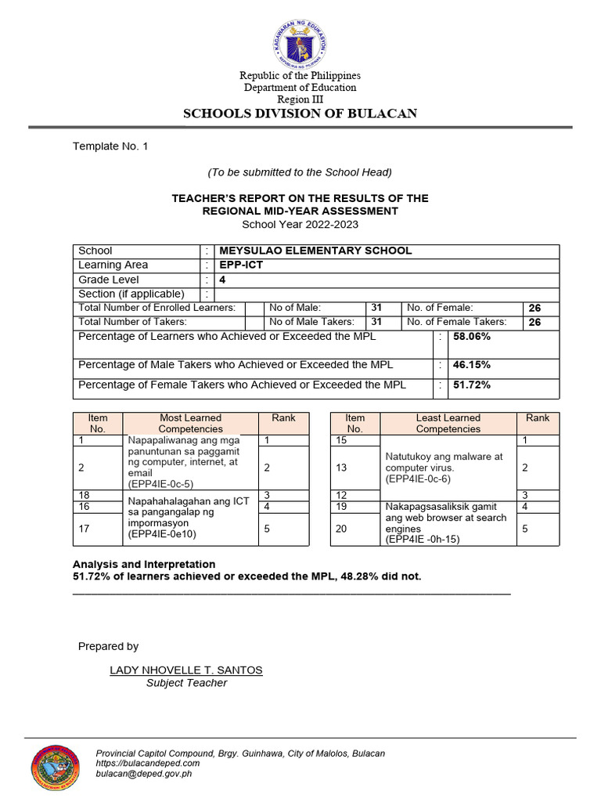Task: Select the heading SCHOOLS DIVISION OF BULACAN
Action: pyautogui.click(x=300, y=114)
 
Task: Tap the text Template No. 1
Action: pyautogui.click(x=110, y=146)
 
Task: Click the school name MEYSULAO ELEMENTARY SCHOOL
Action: pyautogui.click(x=315, y=251)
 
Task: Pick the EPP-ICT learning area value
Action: pyautogui.click(x=241, y=265)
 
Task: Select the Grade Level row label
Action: pyautogui.click(x=109, y=280)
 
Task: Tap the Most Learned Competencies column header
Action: pyautogui.click(x=190, y=423)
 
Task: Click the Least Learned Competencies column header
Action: pyautogui.click(x=448, y=423)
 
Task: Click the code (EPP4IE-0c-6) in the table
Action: pyautogui.click(x=418, y=479)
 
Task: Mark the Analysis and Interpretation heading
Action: pyautogui.click(x=144, y=564)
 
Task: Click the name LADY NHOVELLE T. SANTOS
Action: pyautogui.click(x=186, y=670)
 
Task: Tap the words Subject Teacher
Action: pyautogui.click(x=186, y=683)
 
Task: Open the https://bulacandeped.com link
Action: pyautogui.click(x=147, y=763)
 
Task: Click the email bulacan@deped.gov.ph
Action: pyautogui.click(x=143, y=773)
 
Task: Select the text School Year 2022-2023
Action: pyautogui.click(x=300, y=224)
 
